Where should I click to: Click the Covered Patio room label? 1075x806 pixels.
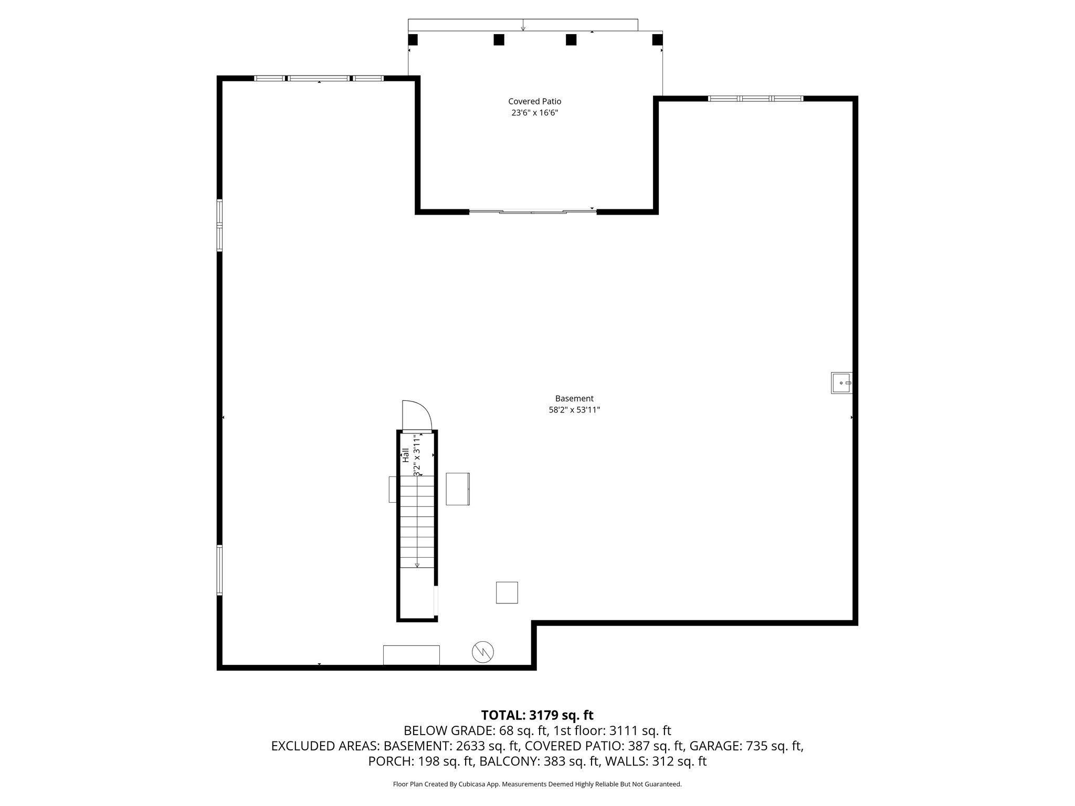534,101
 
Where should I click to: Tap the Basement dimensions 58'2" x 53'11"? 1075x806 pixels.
574,410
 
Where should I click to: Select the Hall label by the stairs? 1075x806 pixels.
405,455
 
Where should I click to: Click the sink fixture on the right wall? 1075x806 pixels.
841,383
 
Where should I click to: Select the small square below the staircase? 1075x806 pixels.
507,592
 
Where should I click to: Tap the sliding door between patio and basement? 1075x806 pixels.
532,211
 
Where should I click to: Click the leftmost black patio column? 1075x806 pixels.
413,39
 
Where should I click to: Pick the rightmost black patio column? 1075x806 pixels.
657,39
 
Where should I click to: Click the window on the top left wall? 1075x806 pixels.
319,78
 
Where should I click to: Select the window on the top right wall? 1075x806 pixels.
755,98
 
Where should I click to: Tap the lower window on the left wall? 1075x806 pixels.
219,570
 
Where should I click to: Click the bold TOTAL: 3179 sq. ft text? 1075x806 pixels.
537,715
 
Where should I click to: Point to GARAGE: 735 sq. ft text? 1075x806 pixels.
746,746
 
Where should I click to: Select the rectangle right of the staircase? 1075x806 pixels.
458,489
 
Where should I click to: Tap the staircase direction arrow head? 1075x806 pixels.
417,565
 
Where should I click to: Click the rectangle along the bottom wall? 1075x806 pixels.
411,655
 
